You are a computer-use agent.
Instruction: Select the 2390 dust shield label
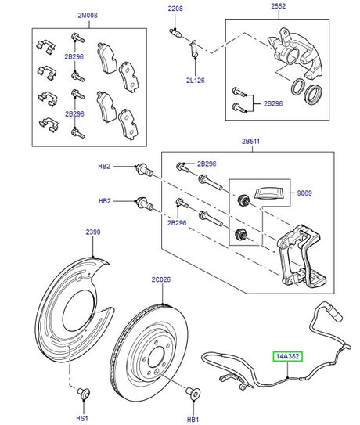(x=92, y=234)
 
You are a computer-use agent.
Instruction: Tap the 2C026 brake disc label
(x=162, y=280)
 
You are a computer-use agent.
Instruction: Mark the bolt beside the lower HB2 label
(x=143, y=201)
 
